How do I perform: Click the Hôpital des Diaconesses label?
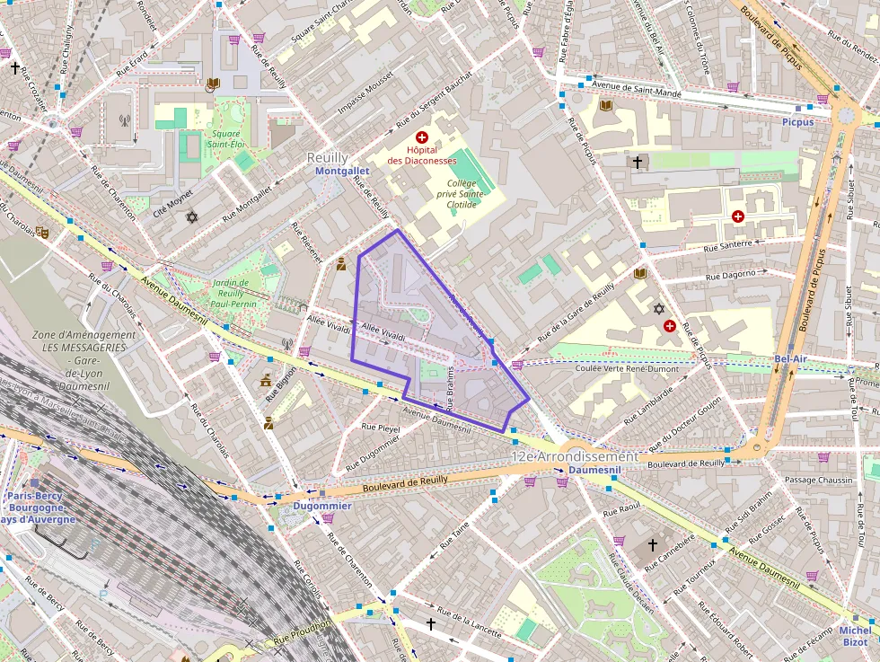421,155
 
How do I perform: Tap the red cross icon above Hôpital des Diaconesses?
421,137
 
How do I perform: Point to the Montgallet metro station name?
342,171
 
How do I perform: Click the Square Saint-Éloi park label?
225,138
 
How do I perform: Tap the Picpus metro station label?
796,121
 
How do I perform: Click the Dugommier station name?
322,506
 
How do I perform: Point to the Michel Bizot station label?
855,636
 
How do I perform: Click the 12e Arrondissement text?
574,456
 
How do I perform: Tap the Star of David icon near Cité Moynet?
190,216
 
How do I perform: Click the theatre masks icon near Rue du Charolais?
42,231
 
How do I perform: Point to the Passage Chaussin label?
819,480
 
